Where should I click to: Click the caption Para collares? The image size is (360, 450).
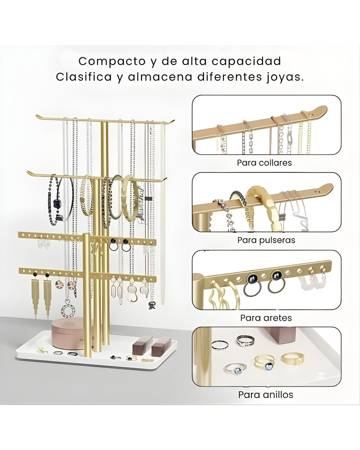264,163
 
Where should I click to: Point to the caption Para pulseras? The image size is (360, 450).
266,240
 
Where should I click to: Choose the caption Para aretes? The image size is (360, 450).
266,318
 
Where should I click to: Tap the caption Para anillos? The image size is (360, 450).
265,394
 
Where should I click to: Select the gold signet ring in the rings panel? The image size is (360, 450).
292,359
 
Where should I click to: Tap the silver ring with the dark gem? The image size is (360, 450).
235,369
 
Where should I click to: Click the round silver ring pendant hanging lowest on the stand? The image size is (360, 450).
68,310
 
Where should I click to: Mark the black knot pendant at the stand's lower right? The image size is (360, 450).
152,305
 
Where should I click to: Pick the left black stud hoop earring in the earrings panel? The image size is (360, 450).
253,284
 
